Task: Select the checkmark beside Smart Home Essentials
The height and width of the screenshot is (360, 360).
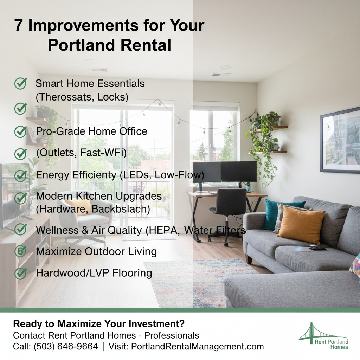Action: (x=20, y=84)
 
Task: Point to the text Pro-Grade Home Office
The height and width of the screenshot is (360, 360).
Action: (x=91, y=131)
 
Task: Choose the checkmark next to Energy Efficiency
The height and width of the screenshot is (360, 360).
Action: (x=20, y=175)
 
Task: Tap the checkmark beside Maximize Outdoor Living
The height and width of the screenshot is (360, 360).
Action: (x=20, y=251)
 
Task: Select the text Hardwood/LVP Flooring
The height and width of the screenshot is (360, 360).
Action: (x=94, y=273)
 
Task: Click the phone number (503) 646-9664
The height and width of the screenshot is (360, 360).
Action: (x=66, y=346)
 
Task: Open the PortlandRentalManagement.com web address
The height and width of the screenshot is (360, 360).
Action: (x=197, y=346)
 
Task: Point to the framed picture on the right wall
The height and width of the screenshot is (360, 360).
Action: (x=340, y=141)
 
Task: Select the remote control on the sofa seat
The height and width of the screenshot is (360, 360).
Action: (x=317, y=248)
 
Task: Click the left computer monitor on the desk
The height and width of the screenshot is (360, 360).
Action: (x=206, y=172)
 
